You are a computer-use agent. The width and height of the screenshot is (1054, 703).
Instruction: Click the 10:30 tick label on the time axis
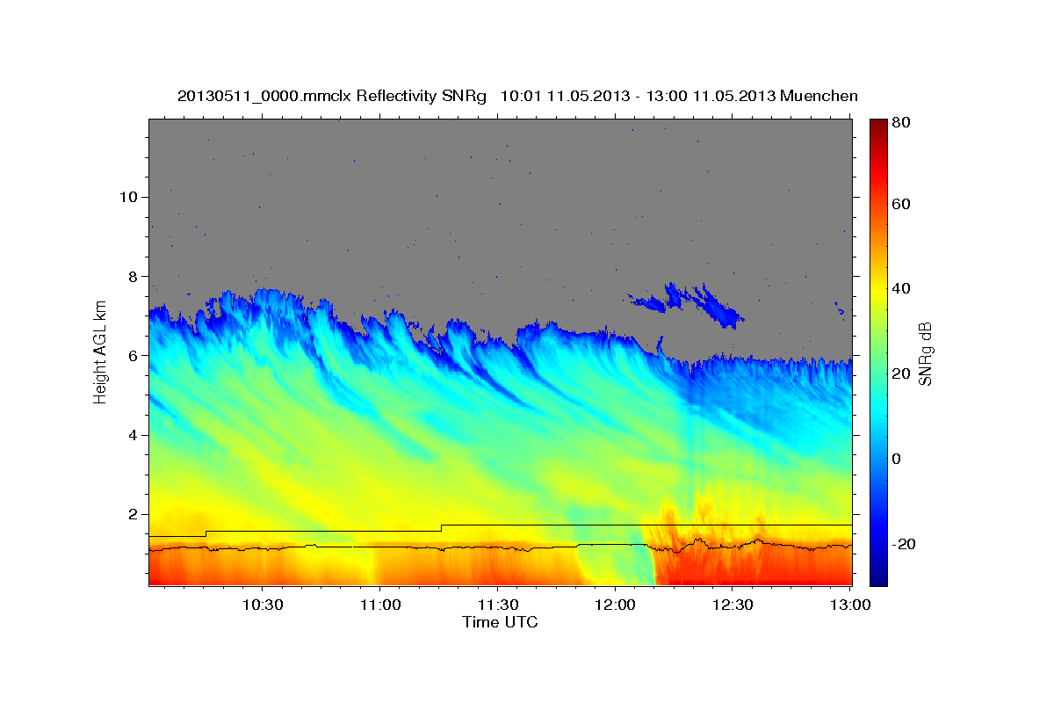pyautogui.click(x=262, y=605)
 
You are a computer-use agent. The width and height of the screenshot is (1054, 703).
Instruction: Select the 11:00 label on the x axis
pyautogui.click(x=379, y=605)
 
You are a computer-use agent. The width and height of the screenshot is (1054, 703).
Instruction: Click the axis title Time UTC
pyautogui.click(x=500, y=622)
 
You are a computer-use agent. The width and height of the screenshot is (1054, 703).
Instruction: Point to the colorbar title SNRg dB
pyautogui.click(x=924, y=354)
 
